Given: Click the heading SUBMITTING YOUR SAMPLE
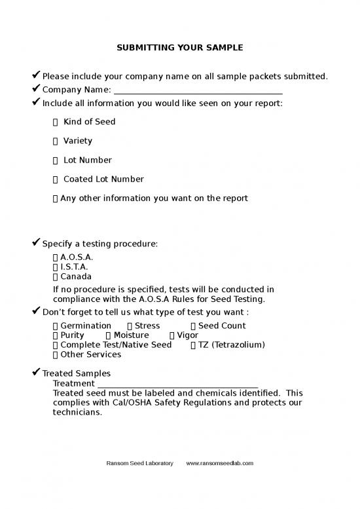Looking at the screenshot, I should (179, 48).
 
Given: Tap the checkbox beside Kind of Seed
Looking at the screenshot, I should (56, 122).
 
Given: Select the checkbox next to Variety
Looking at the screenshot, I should (56, 141).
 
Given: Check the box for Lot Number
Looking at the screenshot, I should (56, 160).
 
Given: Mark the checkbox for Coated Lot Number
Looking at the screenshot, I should (56, 179).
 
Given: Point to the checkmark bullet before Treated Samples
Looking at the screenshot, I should (37, 373).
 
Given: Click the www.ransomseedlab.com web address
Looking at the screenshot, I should (220, 463).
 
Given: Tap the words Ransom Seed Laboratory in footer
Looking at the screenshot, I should (139, 463).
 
